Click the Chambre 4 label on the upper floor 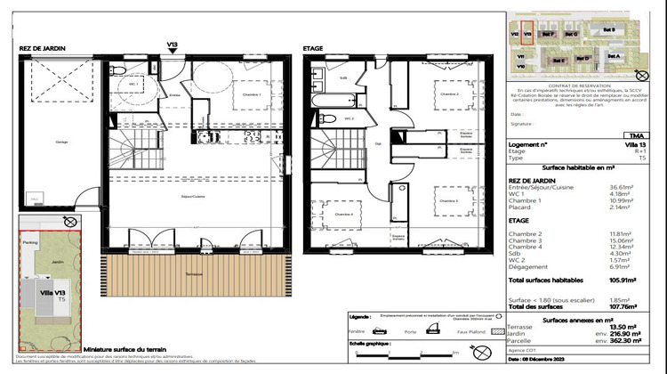[335, 214]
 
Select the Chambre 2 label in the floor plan [449, 92]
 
